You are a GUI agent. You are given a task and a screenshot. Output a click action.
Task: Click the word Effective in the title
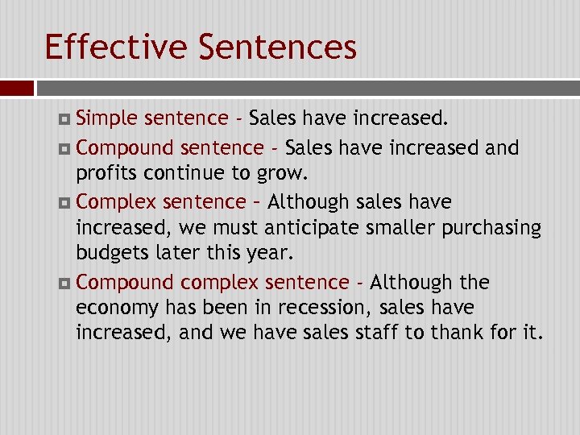point(116,47)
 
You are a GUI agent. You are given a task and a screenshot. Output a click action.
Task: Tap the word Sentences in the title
point(276,47)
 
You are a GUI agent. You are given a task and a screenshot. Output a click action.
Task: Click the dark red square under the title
point(17,88)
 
